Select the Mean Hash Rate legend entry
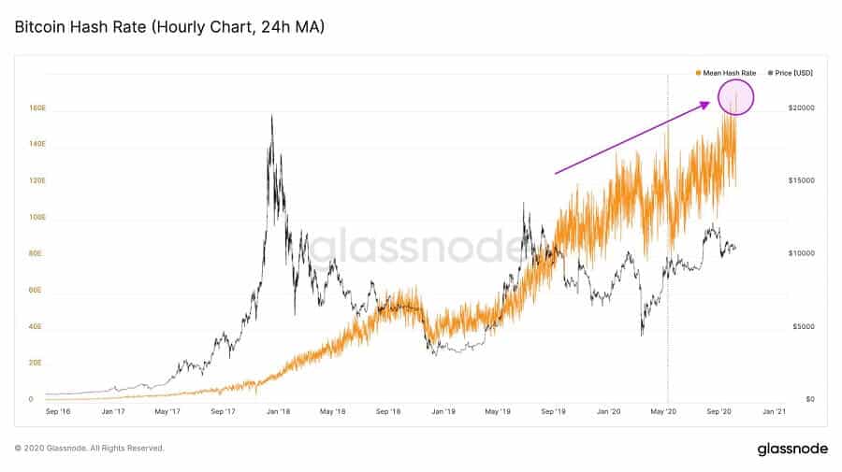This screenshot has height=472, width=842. click(x=725, y=72)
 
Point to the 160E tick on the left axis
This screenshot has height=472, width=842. click(x=36, y=108)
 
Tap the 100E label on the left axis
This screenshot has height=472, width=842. click(x=36, y=218)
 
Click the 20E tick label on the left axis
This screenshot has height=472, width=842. click(x=36, y=363)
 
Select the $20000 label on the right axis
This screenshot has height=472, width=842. click(x=802, y=108)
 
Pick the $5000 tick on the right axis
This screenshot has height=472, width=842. click(x=801, y=326)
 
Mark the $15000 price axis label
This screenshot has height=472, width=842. click(x=802, y=180)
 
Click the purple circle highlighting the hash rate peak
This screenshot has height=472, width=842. click(x=735, y=97)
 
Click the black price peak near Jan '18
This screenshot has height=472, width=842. click(x=271, y=116)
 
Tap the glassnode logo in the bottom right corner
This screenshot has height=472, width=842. click(x=791, y=450)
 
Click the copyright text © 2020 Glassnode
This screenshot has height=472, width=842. click(x=90, y=449)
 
